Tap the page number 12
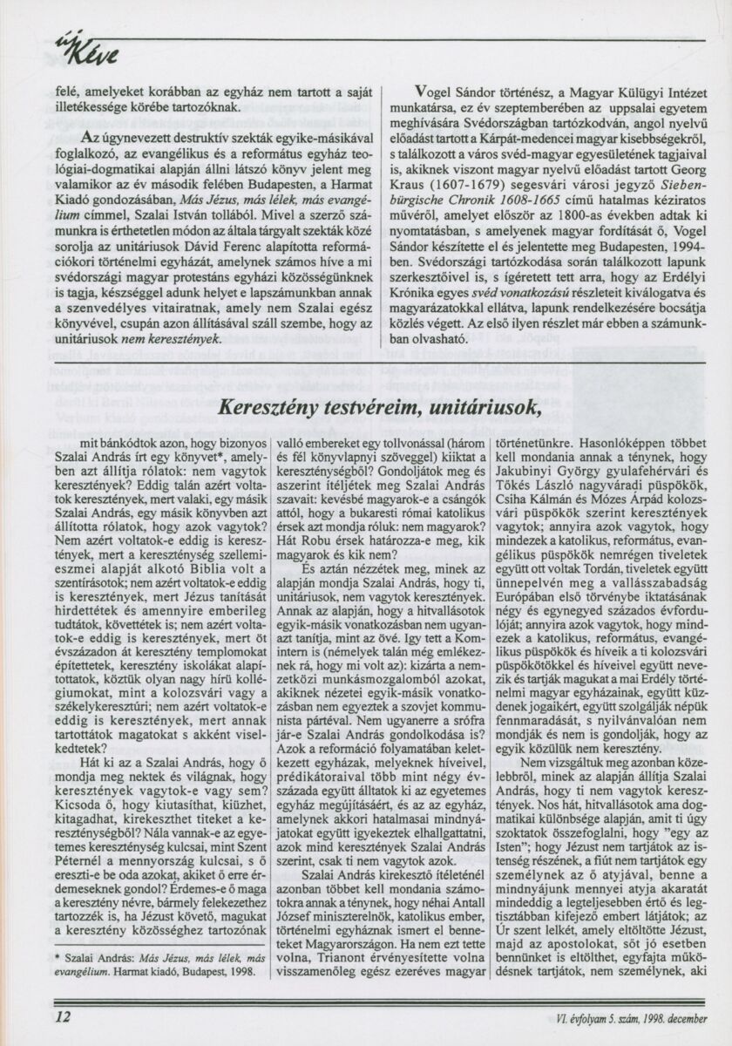[x=63, y=1016]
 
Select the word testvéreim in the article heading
[x=366, y=407]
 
